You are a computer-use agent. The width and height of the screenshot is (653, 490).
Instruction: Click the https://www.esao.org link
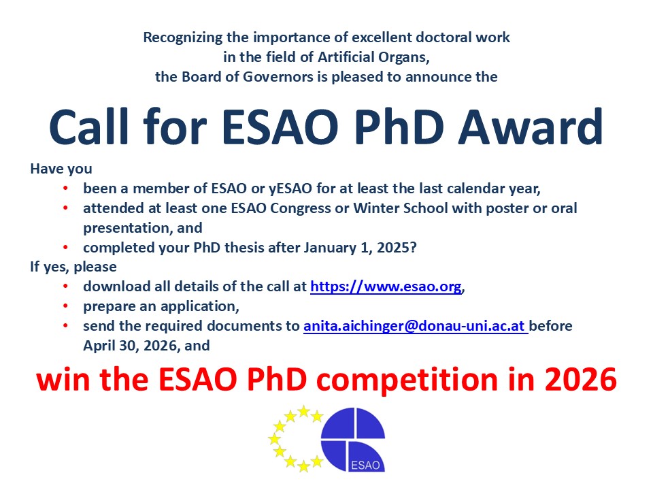coord(386,287)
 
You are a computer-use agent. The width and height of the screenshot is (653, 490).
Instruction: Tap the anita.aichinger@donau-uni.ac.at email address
coord(415,327)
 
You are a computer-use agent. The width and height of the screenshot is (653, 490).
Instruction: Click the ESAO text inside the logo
coord(367,466)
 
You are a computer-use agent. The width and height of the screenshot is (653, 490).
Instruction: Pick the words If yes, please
coord(73,267)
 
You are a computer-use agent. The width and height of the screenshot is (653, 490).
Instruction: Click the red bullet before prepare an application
coord(65,307)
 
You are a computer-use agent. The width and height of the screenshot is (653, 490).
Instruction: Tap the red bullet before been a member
coord(65,188)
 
